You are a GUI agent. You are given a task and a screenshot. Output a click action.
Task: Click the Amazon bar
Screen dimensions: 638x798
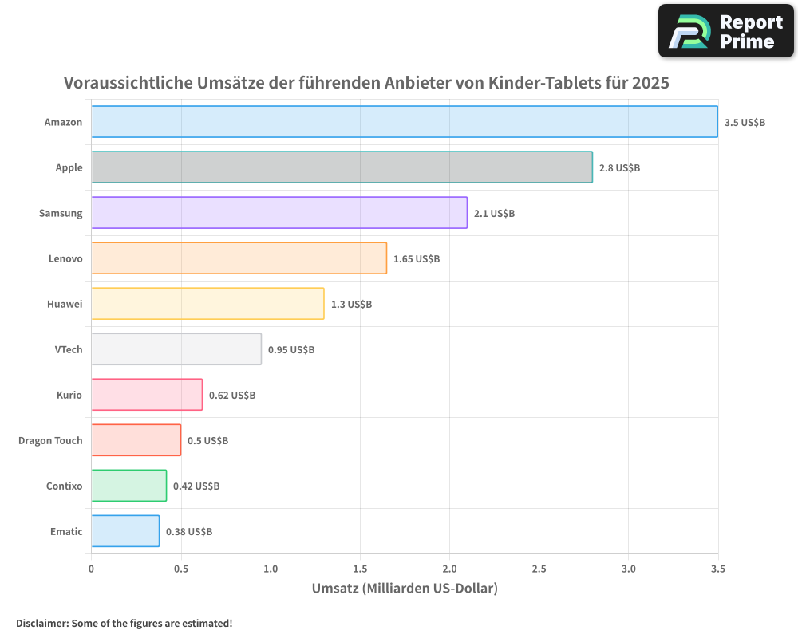click(404, 122)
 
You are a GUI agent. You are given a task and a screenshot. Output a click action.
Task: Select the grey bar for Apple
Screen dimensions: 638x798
click(342, 167)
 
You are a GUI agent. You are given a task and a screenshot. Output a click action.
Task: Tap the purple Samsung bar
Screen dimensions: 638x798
click(279, 213)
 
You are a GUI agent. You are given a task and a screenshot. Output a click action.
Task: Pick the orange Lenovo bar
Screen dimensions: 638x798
click(239, 258)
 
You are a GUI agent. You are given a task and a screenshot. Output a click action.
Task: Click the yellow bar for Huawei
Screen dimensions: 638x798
click(207, 304)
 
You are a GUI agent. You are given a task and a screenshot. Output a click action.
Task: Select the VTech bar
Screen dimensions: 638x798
click(176, 349)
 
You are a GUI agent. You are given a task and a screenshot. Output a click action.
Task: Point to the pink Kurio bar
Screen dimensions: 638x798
click(147, 395)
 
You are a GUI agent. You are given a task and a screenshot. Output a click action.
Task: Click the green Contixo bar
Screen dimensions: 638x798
click(128, 486)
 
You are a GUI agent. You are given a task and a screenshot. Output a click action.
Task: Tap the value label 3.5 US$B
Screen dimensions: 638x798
click(745, 123)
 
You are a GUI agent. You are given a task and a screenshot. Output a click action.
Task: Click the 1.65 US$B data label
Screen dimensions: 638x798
click(417, 259)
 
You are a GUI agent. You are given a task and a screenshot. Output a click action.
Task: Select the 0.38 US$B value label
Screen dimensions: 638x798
click(189, 532)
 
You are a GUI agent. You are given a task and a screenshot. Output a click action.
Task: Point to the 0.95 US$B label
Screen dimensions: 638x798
click(291, 350)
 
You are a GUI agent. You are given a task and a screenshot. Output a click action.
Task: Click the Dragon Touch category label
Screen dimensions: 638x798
click(50, 441)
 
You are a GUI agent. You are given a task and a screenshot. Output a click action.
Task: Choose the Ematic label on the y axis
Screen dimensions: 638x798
click(66, 532)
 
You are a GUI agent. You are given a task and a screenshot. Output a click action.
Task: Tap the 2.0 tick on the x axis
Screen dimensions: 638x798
click(449, 569)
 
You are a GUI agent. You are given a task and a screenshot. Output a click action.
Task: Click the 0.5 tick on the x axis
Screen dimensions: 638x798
click(181, 569)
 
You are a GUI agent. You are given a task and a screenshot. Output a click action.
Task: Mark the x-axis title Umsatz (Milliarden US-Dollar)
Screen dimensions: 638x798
click(405, 589)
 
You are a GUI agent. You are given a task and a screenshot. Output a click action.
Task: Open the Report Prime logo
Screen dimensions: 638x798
click(726, 31)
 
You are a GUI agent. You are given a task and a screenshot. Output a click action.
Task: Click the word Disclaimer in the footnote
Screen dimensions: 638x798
click(41, 623)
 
